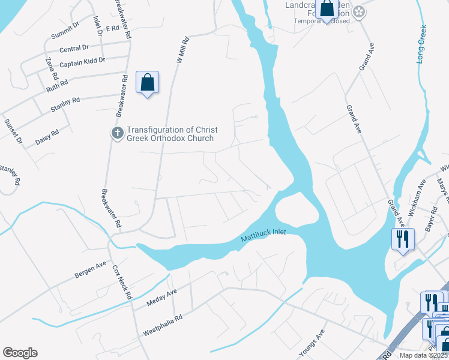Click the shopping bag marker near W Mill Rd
(148, 83)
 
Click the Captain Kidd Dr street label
(82, 61)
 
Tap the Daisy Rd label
(47, 137)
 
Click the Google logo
(20, 353)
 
